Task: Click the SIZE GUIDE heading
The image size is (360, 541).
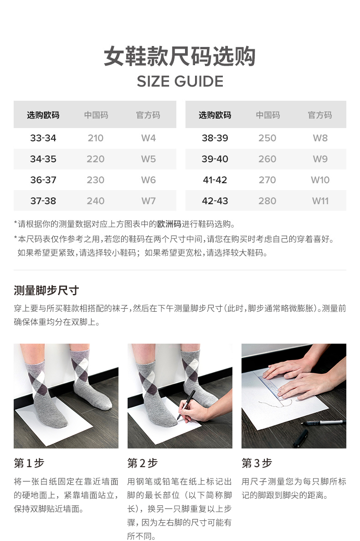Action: coord(180,82)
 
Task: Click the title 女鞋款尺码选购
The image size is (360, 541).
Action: coord(180,56)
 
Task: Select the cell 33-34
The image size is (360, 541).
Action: coord(43,138)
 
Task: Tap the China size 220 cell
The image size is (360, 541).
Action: coord(96,159)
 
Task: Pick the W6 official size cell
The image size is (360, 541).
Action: coord(148,180)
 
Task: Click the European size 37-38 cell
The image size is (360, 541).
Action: coord(43,201)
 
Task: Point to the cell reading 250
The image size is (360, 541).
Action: coord(267,138)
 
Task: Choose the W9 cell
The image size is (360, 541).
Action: coord(320,159)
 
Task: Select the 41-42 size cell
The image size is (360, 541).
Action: coord(215,180)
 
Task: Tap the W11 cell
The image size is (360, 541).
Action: coord(320,201)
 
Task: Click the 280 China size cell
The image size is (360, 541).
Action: coord(267,201)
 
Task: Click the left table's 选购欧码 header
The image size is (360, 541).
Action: coord(43,115)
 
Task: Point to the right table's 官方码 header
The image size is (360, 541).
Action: coord(320,115)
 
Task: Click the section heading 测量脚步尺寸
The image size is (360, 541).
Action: coord(46,290)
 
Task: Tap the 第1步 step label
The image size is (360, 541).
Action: coord(29,463)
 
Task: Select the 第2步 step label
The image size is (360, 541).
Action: coord(143,463)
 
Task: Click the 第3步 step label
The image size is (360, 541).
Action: coord(257,463)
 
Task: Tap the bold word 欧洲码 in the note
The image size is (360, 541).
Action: coord(169,224)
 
